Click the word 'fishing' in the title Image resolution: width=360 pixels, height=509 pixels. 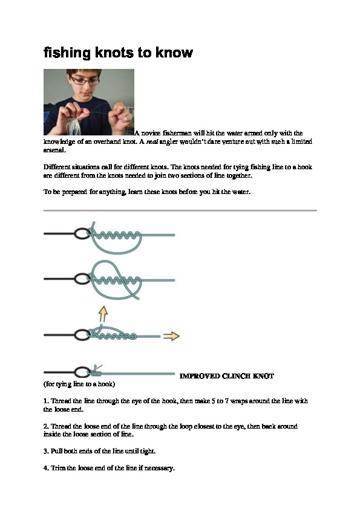point(67,53)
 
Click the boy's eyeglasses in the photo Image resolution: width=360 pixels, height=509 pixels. point(85,80)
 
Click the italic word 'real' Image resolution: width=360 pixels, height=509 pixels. point(152,141)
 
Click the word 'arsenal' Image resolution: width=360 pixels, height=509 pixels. point(54,150)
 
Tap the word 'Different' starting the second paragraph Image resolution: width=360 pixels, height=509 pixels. point(56,167)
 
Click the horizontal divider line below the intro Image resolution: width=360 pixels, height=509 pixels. point(180,211)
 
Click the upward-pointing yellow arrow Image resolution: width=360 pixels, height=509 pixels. point(103,315)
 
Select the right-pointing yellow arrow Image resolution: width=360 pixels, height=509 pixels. point(171,336)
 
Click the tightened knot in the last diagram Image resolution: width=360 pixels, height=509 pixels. point(96,372)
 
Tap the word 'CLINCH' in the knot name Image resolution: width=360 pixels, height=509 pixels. point(236,376)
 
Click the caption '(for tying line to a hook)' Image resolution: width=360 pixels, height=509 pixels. point(79,384)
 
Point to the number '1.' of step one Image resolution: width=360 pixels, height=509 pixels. point(46,401)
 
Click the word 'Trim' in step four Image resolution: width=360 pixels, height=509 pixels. point(58,468)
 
